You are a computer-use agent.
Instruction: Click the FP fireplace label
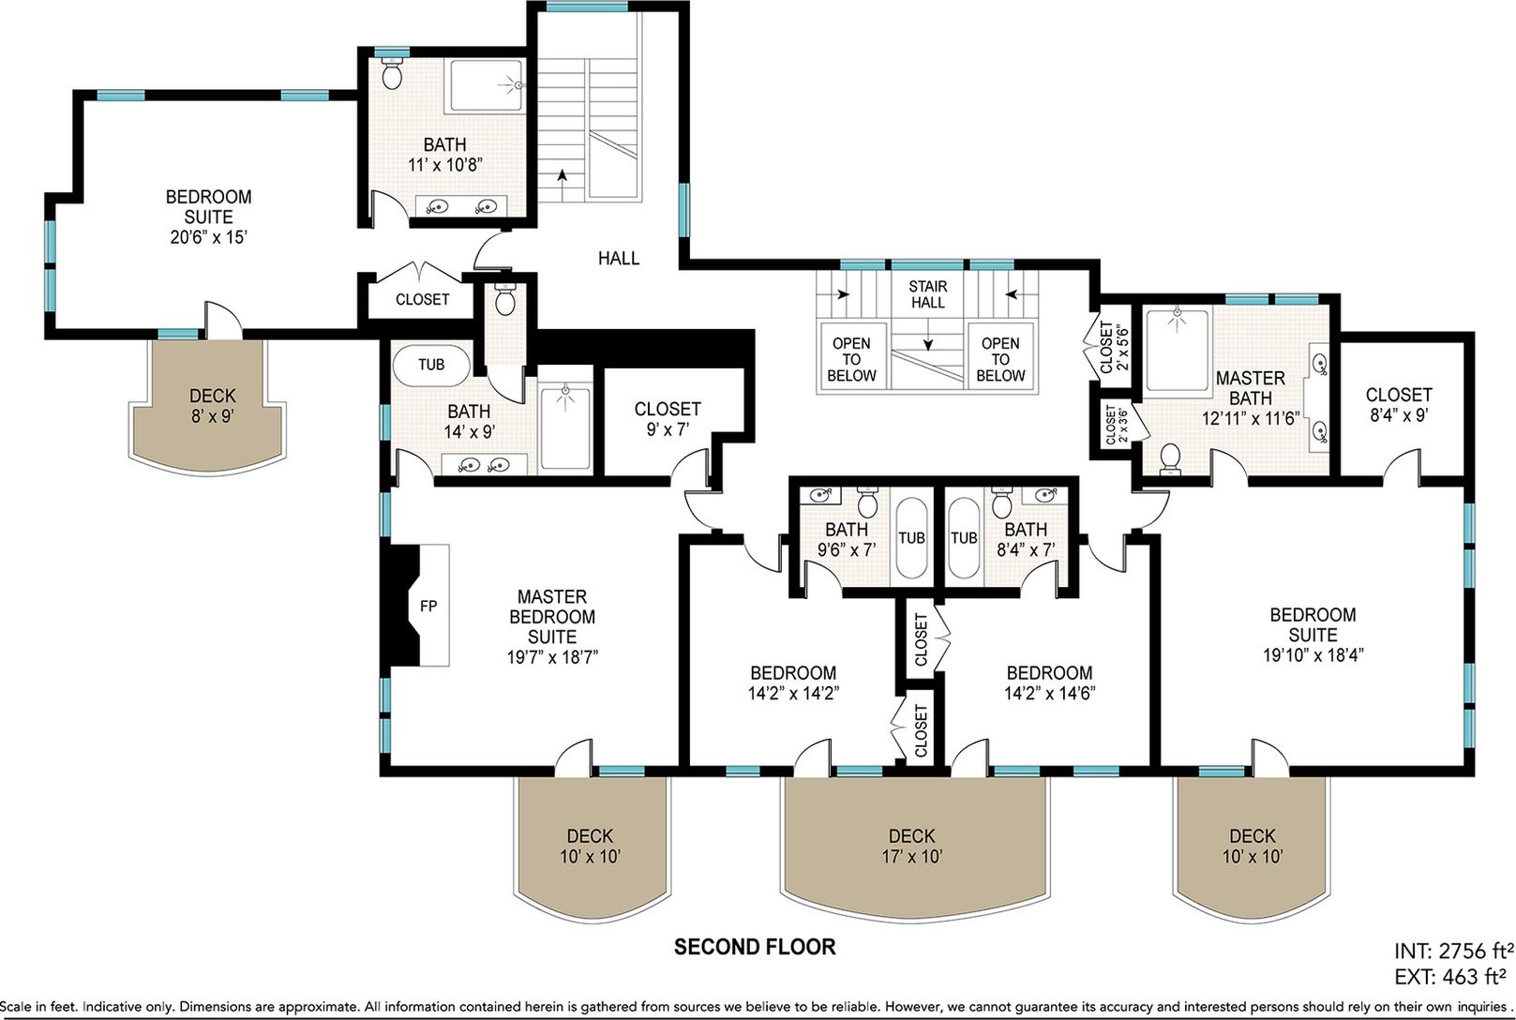click(428, 606)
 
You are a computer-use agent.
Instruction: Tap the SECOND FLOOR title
click(755, 947)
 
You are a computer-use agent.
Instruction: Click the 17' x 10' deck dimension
click(911, 856)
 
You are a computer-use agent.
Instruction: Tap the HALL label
click(619, 258)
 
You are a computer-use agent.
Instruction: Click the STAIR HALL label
click(928, 294)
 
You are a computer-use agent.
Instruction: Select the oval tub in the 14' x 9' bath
click(431, 366)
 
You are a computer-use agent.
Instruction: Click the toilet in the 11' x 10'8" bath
click(391, 73)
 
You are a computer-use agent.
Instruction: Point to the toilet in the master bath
click(1170, 458)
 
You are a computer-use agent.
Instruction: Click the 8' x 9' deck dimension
click(213, 415)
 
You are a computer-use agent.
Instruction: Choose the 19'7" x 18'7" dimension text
click(552, 656)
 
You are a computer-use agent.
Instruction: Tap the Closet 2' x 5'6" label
click(1114, 347)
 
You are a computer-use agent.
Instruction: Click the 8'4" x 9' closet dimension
click(1399, 414)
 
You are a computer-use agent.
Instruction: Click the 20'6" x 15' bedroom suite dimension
click(208, 237)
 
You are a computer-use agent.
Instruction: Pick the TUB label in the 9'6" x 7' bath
click(911, 537)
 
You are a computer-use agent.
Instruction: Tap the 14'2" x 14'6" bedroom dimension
click(1050, 693)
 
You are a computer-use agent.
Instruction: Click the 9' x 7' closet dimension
click(668, 429)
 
